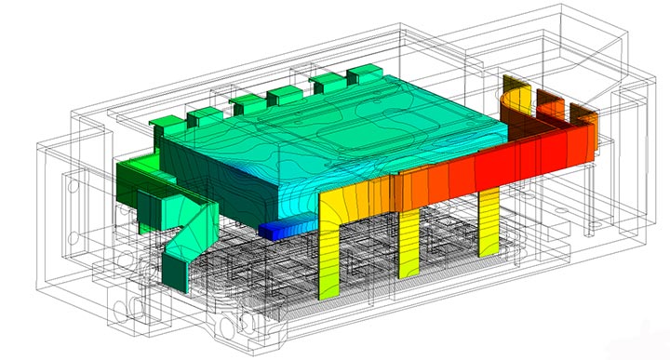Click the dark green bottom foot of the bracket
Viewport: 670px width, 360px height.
coord(175,270)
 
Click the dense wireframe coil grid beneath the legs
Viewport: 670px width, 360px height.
coord(279,279)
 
